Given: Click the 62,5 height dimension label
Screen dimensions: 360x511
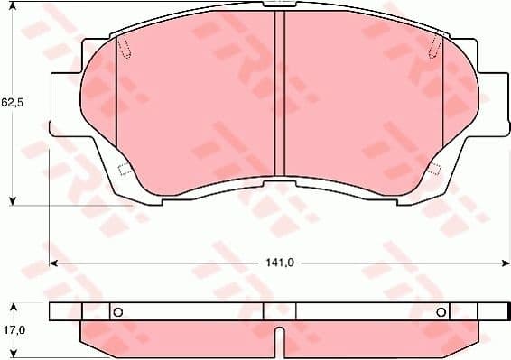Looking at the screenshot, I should [12, 103].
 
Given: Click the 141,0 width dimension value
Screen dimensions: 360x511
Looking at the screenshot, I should [278, 263].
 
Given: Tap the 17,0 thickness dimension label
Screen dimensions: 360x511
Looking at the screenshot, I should [12, 331].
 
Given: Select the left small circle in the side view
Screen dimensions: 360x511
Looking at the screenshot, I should [116, 312].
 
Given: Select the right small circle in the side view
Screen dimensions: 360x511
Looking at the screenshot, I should [441, 312].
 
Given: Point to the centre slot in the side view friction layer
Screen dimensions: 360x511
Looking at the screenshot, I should [279, 341].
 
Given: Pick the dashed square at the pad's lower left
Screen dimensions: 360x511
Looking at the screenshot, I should [125, 170].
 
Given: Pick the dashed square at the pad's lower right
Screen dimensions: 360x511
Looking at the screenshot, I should [433, 169].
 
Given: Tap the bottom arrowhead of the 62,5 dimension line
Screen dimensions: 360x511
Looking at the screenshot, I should [12, 199].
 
